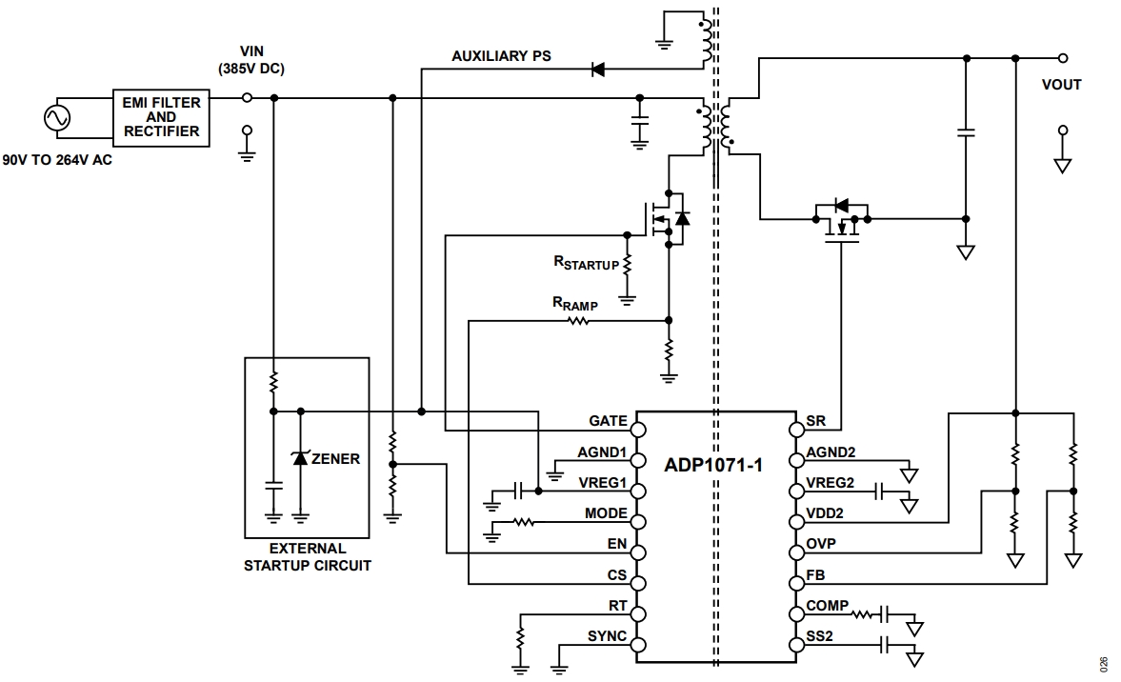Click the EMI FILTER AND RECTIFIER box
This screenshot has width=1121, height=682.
click(x=161, y=116)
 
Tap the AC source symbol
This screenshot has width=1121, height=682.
click(x=54, y=117)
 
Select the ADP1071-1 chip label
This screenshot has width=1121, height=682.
click(x=713, y=466)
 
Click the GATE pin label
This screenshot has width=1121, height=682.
click(x=608, y=421)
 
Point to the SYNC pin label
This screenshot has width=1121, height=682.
click(x=607, y=635)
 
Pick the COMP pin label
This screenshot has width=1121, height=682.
click(x=826, y=606)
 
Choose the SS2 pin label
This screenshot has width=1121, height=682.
click(x=820, y=636)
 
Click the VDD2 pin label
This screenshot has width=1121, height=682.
click(x=825, y=513)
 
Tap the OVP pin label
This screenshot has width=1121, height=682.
click(x=822, y=544)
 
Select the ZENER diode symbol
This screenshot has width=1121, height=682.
click(x=301, y=458)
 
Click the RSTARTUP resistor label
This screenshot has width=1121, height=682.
click(x=586, y=264)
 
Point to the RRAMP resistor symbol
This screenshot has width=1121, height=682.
click(x=578, y=321)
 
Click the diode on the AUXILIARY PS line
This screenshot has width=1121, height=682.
click(x=598, y=69)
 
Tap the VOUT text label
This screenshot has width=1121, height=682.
click(x=1061, y=85)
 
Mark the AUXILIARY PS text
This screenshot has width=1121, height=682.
click(x=501, y=56)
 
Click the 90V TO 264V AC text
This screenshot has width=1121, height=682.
click(x=57, y=160)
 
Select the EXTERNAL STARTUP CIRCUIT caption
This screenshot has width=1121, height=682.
click(x=307, y=557)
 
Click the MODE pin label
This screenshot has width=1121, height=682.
click(x=606, y=513)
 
